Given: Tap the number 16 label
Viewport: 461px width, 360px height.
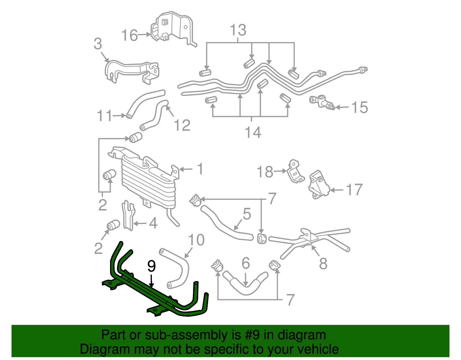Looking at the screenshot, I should pos(129,35).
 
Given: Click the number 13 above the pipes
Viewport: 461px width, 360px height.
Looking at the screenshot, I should pos(238,30).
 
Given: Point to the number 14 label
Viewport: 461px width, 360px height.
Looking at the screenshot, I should pos(253,133).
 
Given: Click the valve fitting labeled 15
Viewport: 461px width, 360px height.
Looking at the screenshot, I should pos(321,103).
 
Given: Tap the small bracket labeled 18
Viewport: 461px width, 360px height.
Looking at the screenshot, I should pos(294,172).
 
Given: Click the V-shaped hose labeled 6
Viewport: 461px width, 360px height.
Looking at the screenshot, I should pos(245,284).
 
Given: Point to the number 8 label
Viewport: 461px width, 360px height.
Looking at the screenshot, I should pos(323,263).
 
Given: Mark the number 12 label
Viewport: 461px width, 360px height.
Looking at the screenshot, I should pos(182,125).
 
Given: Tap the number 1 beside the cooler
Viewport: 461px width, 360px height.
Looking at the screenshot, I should pos(200,169).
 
